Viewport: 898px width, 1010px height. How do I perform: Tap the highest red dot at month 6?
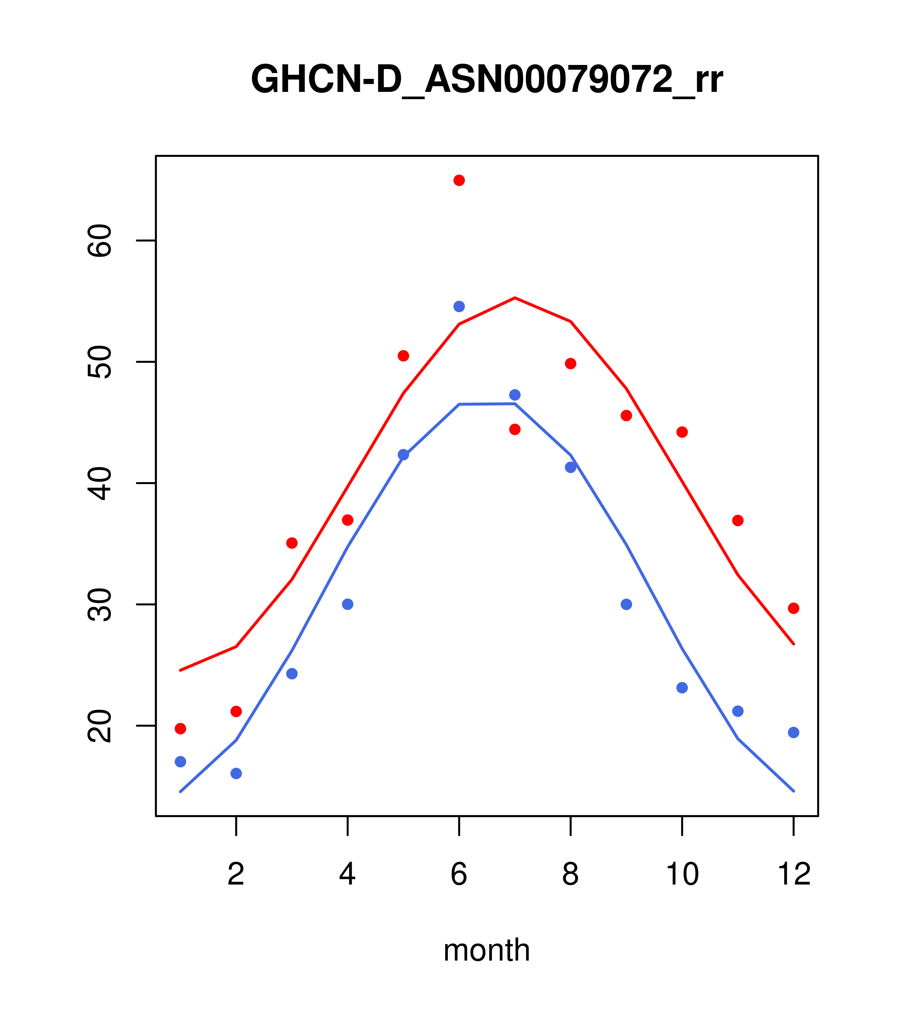(459, 180)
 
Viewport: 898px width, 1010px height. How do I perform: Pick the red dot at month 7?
(515, 429)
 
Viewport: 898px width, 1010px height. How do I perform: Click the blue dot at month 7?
(515, 395)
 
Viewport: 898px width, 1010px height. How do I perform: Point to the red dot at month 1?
(180, 729)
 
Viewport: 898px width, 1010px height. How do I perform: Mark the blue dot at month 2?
(236, 773)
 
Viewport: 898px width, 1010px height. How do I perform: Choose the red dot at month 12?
(794, 608)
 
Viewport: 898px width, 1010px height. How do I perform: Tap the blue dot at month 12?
(794, 732)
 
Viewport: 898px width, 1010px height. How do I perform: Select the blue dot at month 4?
(348, 604)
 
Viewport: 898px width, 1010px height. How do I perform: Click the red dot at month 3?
(292, 543)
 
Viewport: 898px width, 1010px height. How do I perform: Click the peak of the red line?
(515, 298)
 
